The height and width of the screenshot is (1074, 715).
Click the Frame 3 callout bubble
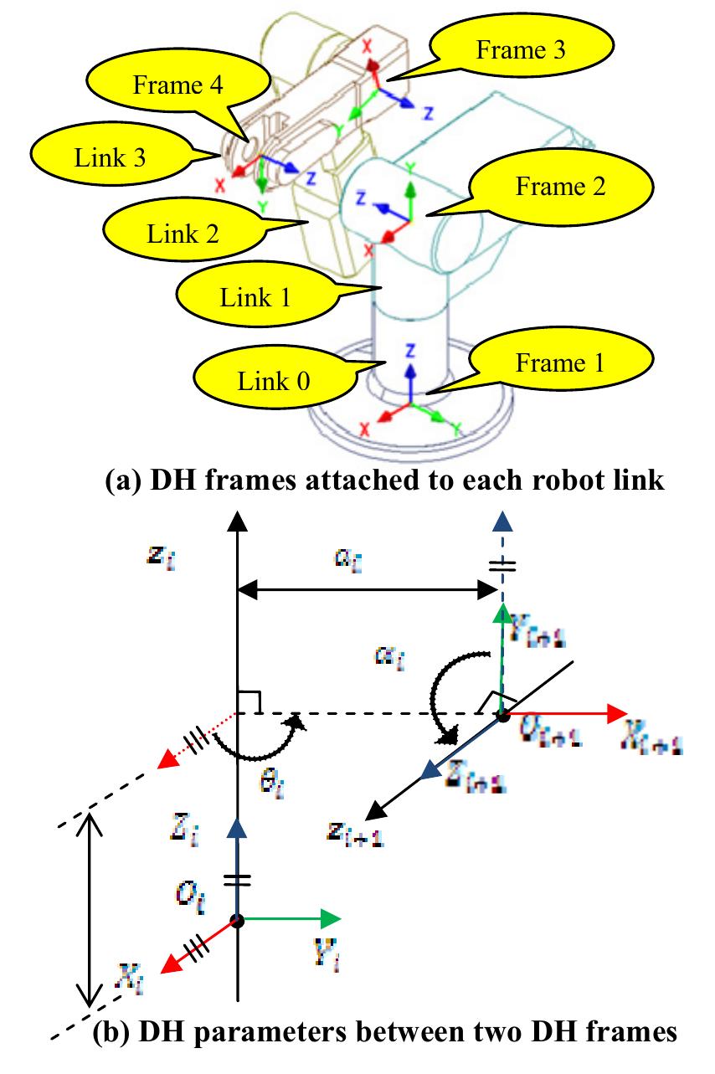[520, 51]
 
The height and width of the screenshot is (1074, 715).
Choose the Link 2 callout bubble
[184, 233]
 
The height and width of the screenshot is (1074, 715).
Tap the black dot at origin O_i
[239, 920]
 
